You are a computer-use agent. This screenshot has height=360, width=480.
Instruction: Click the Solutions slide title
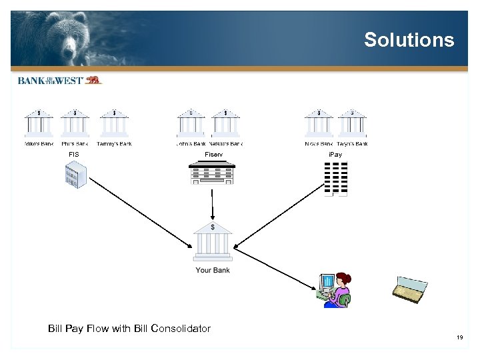tap(409, 40)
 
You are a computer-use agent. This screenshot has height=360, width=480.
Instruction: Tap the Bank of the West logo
tap(59, 80)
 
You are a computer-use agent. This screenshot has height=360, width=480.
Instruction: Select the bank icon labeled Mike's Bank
tap(39, 123)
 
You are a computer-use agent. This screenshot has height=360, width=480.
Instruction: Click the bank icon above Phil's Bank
tap(75, 123)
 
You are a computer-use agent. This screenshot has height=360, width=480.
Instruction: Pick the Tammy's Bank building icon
tap(114, 123)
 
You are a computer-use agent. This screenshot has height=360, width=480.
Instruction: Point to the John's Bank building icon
tap(191, 123)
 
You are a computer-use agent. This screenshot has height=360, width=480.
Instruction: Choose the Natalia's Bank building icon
tap(225, 123)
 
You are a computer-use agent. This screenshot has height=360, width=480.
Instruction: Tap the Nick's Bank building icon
tap(319, 123)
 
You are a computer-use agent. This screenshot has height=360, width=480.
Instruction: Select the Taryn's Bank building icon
tap(352, 123)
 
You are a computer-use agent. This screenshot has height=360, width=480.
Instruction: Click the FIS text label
tap(74, 155)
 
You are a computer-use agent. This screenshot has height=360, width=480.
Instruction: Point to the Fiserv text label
tap(213, 155)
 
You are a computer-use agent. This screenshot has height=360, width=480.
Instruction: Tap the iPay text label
tap(335, 155)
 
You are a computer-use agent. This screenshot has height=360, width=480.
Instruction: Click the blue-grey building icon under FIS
tap(75, 175)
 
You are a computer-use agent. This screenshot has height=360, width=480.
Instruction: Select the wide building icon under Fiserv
tap(212, 173)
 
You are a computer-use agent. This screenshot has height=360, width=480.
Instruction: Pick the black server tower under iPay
tap(335, 179)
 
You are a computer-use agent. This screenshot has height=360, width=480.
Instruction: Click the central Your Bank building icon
tap(213, 242)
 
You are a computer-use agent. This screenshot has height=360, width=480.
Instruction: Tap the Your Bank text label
tap(213, 270)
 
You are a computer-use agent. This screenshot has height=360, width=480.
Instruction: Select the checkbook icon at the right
tap(408, 289)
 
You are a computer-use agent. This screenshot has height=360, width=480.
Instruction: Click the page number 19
tap(459, 338)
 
